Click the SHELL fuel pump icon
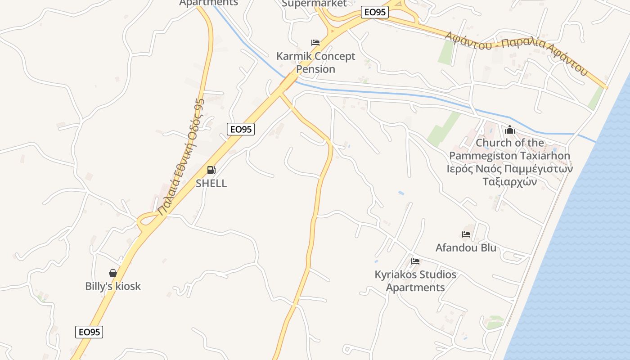tap(211, 170)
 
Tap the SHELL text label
tap(211, 183)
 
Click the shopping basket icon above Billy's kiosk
tap(113, 273)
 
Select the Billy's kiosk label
tap(113, 286)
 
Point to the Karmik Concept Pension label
tap(315, 63)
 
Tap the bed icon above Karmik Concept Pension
tap(315, 43)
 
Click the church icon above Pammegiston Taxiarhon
tap(510, 130)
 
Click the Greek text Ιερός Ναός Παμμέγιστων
tap(509, 169)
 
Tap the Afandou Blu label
tap(466, 247)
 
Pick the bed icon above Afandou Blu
tap(466, 234)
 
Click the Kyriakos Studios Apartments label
tap(415, 281)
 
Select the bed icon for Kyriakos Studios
tap(415, 261)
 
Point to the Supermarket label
tap(314, 4)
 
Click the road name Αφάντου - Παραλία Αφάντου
tap(516, 53)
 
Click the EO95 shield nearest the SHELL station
tap(241, 129)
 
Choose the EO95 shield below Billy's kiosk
tap(89, 332)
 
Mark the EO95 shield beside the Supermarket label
tap(374, 12)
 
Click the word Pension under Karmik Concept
tap(315, 69)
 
